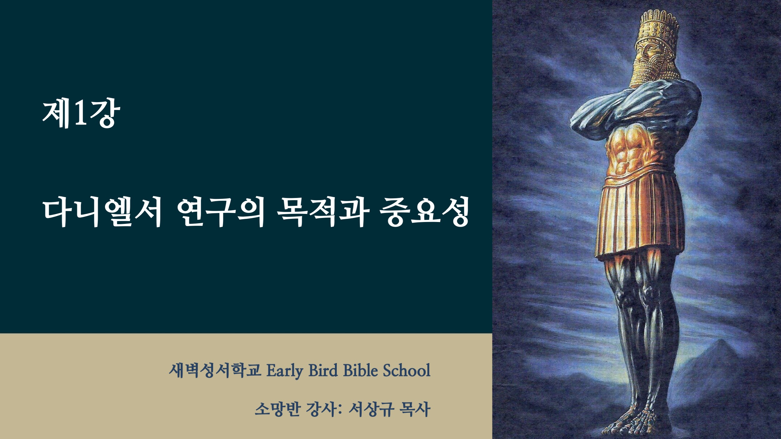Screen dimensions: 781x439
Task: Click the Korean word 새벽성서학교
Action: point(215,371)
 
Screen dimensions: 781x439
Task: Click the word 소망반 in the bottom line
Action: point(278,409)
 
